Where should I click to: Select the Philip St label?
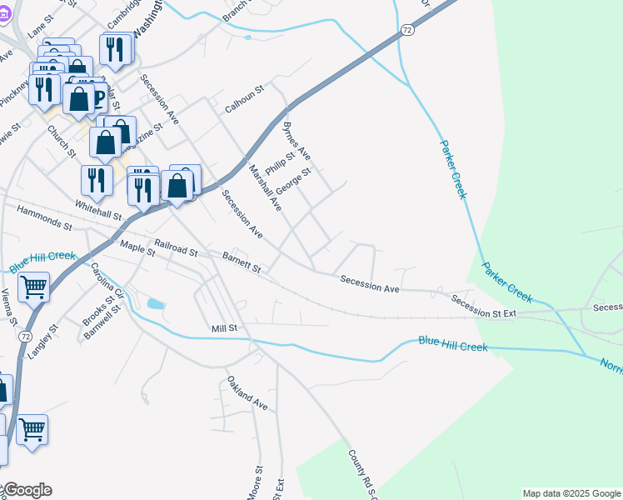click(x=280, y=163)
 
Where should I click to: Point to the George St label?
click(x=293, y=181)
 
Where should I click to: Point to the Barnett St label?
click(x=242, y=262)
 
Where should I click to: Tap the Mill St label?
click(x=224, y=329)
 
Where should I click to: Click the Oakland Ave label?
click(x=247, y=393)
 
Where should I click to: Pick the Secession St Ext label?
click(x=484, y=306)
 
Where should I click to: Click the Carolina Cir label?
click(x=107, y=282)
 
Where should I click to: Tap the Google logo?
click(x=27, y=490)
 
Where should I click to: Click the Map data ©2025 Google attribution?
click(x=571, y=493)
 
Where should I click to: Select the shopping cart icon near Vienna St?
click(x=33, y=287)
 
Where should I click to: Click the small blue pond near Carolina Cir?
click(x=155, y=304)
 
